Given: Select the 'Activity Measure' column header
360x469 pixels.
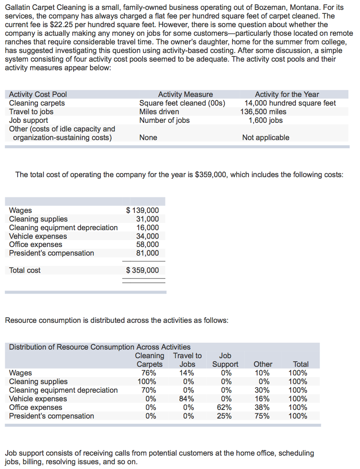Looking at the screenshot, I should pos(185,94).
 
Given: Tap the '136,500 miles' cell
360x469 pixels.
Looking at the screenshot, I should pos(263,112).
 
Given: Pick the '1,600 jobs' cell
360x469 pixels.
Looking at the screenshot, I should pos(266,120).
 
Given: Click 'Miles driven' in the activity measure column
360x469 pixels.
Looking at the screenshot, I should pos(159,112).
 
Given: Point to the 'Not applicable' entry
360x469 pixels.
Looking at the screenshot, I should pos(266,138).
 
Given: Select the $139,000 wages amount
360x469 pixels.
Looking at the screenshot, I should pos(143,210).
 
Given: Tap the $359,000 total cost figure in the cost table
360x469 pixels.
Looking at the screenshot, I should pos(143,270).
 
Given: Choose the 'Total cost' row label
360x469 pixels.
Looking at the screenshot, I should pos(25,270).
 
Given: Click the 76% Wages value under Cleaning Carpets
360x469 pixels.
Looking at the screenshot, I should pos(149,373).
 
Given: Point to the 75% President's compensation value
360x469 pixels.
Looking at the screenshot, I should pos(263,416).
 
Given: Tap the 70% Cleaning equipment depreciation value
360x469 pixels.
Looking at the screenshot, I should pos(149,390).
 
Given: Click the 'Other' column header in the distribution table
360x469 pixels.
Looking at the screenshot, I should pos(263,364).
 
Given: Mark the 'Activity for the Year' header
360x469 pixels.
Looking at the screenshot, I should pos(287,94).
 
